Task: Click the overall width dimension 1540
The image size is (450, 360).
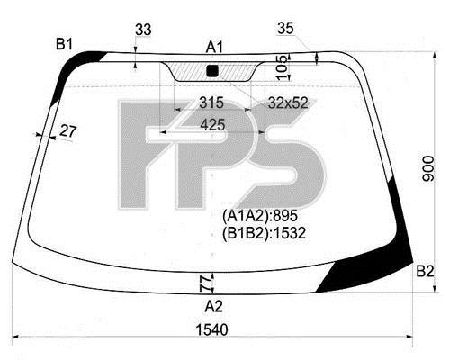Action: click(211, 330)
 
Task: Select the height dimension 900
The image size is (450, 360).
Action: click(428, 169)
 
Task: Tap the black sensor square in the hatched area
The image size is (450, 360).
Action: click(212, 71)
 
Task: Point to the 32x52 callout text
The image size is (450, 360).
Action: click(288, 103)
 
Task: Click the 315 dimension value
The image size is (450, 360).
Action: click(211, 103)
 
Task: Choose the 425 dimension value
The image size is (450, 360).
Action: click(212, 125)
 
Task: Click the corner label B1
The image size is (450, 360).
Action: click(64, 45)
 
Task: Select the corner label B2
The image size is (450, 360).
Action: click(425, 272)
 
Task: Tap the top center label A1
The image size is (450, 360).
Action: click(214, 48)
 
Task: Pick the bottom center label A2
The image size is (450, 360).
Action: click(214, 307)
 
